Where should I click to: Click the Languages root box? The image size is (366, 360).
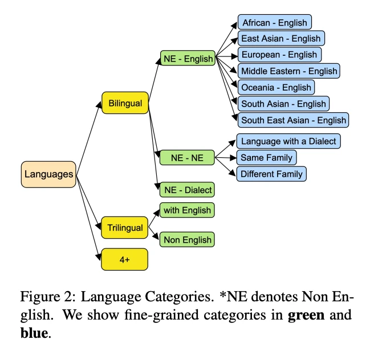[48, 174]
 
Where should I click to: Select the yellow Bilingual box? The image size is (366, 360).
[125, 103]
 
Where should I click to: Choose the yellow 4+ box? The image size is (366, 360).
[125, 259]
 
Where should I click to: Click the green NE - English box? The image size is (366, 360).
[188, 58]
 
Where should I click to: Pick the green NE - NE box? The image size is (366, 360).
[188, 158]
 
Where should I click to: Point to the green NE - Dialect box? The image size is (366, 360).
[188, 190]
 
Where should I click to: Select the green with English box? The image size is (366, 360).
[188, 210]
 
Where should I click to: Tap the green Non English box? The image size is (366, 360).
[188, 240]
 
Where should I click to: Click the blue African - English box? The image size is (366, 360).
[274, 23]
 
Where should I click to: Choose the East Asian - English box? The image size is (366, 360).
[281, 39]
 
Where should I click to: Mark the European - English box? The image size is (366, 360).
[279, 55]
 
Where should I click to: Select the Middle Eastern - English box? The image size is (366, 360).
[288, 71]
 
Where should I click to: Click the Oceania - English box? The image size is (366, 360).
[276, 87]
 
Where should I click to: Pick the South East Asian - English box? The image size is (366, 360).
[293, 120]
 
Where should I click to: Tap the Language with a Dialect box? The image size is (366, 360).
[288, 141]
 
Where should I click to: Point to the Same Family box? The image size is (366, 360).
[266, 157]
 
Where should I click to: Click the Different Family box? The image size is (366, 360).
[271, 174]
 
